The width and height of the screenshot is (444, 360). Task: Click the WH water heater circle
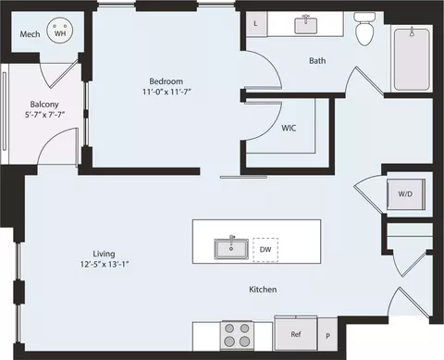pos(61,33)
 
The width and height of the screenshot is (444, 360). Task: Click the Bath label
pos(317,62)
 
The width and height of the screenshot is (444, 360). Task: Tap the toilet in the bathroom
pos(364,31)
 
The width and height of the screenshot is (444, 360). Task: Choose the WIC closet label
pos(290,129)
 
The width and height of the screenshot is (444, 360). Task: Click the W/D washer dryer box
pos(405,194)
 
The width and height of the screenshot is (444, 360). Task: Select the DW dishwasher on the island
pos(265,249)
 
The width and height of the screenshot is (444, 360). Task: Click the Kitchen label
pos(264,290)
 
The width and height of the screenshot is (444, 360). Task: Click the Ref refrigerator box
pos(296,334)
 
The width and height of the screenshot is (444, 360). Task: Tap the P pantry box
pos(327,336)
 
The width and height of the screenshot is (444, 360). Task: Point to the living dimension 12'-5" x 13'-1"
pos(104,263)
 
